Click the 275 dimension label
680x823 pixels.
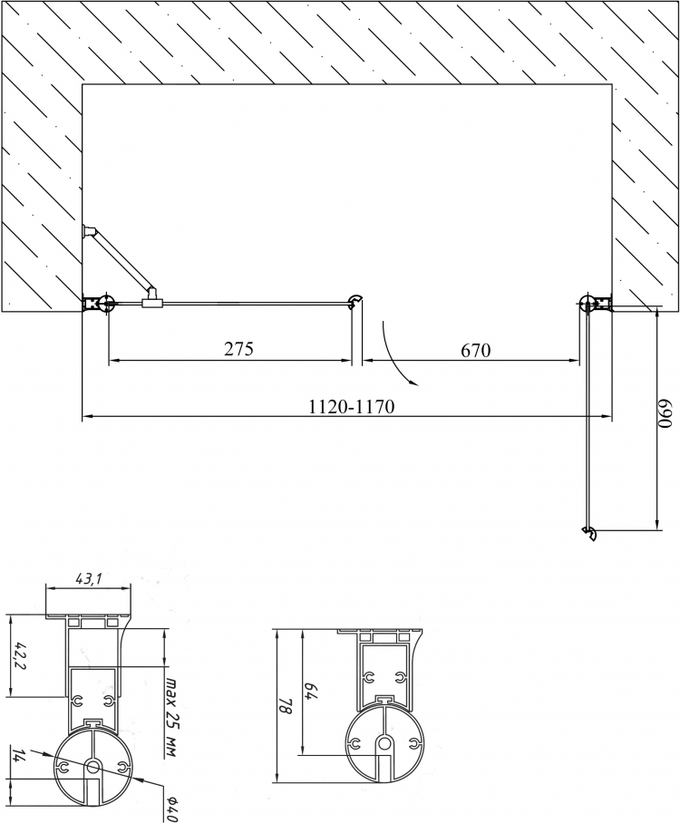[239, 349]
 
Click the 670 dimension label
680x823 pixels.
[476, 350]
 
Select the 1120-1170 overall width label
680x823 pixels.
[351, 406]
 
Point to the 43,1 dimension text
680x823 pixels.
[89, 579]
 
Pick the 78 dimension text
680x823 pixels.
[285, 705]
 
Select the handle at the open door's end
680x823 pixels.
[589, 533]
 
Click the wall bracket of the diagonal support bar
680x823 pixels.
[89, 230]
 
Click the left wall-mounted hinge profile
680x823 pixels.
[98, 304]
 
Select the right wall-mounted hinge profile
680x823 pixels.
[596, 303]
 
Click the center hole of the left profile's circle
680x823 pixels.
[93, 767]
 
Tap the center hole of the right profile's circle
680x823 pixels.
[385, 742]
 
